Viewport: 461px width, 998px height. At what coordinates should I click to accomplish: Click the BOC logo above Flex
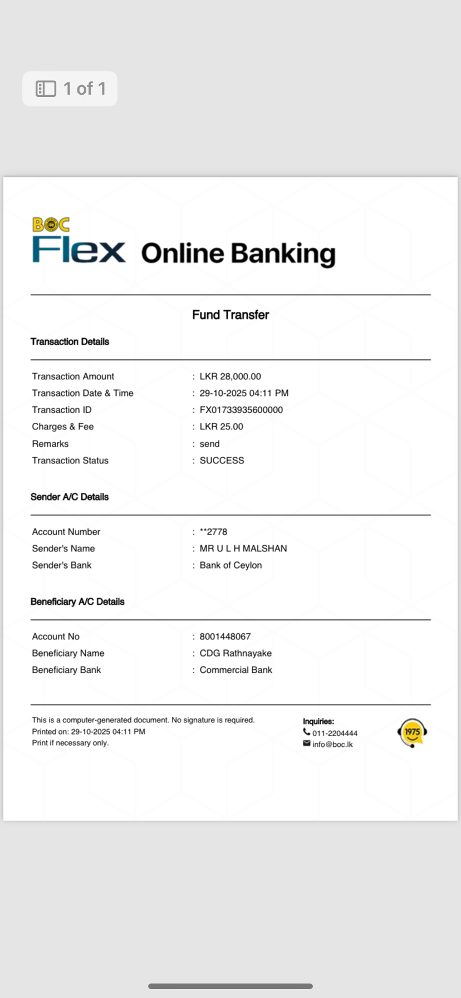(x=51, y=224)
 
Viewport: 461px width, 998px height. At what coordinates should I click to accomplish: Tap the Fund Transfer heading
(x=230, y=315)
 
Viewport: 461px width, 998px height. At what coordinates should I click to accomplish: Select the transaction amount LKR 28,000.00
(x=230, y=376)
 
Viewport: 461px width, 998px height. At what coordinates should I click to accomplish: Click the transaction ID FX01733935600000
(x=241, y=410)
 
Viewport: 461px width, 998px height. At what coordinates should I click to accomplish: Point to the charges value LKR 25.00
(x=221, y=427)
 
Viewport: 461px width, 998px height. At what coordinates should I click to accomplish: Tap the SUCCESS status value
(x=222, y=461)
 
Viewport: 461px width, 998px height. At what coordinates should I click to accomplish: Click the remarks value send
(x=209, y=444)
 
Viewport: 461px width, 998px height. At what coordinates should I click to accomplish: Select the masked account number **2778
(x=213, y=532)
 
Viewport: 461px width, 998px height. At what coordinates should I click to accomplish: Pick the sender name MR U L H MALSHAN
(x=243, y=549)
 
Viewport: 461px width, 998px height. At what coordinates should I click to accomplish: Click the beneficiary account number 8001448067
(x=225, y=637)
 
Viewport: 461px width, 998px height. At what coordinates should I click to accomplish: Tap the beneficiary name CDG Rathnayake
(x=236, y=653)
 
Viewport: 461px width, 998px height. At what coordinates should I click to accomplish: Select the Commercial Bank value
(x=236, y=670)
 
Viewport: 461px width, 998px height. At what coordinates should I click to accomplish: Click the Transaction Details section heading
(x=70, y=341)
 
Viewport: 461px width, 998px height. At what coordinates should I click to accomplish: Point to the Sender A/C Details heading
(x=70, y=497)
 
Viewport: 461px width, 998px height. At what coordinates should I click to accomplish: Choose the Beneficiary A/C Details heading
(x=77, y=601)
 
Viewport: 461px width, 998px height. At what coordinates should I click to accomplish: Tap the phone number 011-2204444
(x=335, y=733)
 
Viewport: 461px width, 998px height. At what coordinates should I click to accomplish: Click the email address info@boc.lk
(x=332, y=745)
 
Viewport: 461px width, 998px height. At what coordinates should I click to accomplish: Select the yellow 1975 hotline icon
(x=412, y=732)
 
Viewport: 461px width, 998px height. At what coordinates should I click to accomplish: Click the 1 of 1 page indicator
(x=70, y=89)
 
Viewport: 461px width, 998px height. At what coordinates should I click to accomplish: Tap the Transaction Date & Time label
(x=82, y=393)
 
